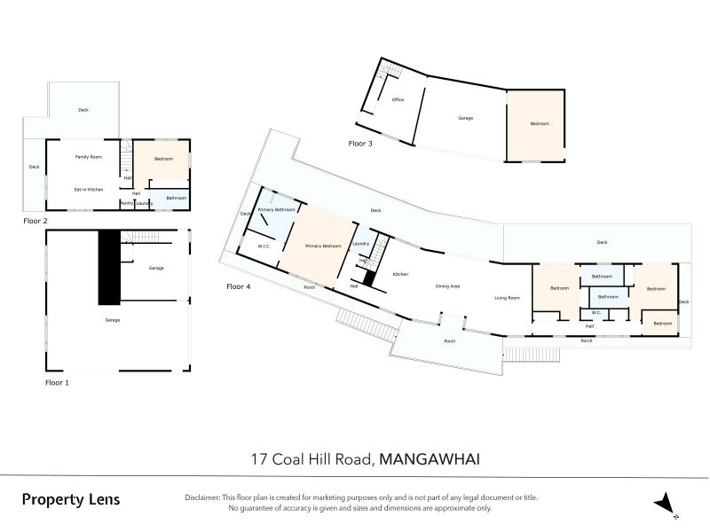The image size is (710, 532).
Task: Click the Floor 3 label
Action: [360, 143]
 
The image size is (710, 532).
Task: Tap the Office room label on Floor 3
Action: [398, 99]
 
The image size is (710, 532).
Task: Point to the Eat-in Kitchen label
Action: [89, 189]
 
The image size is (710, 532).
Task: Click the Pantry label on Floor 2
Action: [127, 203]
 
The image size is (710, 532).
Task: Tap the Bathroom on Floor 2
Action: [176, 198]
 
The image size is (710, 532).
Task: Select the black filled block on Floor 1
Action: [108, 266]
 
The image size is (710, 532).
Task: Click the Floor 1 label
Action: [57, 382]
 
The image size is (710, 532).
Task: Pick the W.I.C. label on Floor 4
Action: [264, 246]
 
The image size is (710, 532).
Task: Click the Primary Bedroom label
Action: [322, 246]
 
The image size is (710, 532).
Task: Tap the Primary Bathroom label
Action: [276, 210]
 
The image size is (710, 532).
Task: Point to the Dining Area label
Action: [447, 286]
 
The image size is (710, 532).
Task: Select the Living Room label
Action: [507, 298]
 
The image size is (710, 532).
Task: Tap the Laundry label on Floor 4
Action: [360, 243]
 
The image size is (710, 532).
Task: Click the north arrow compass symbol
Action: [666, 505]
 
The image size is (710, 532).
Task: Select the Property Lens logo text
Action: [70, 499]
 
